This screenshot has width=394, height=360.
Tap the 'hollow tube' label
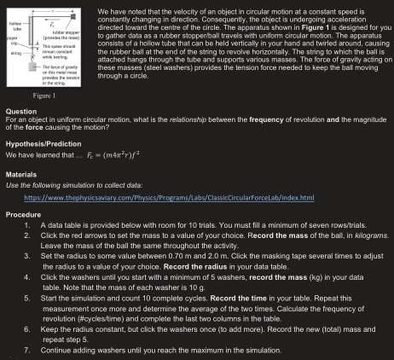14,27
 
